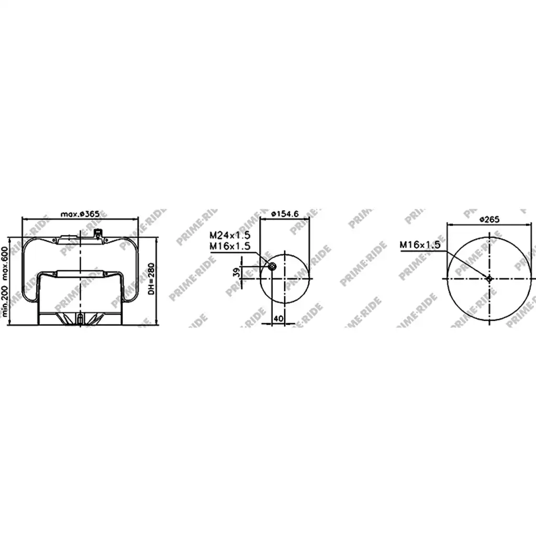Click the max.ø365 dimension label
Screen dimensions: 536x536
[x=80, y=214]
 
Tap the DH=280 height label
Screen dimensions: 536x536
[x=151, y=279]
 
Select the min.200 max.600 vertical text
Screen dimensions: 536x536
[x=4, y=281]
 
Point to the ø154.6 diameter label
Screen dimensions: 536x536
[x=285, y=214]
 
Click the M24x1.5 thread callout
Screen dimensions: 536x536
[x=230, y=235]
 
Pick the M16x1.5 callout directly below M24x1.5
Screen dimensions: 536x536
[x=230, y=246]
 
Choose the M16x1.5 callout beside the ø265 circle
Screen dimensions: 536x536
[x=420, y=245]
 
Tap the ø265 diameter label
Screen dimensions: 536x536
[x=489, y=219]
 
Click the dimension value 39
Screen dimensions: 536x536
[x=236, y=272]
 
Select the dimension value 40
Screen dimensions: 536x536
[x=278, y=319]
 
